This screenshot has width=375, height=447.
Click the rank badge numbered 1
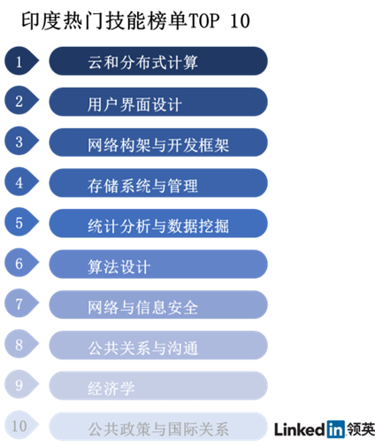[21, 61]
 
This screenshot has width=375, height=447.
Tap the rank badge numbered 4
[21, 181]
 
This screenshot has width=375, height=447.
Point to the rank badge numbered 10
[21, 425]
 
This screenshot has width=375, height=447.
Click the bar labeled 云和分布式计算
[158, 61]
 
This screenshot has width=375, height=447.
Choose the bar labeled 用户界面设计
[158, 102]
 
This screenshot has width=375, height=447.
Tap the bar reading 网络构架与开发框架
[158, 143]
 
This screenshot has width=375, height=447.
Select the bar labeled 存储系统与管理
[158, 183]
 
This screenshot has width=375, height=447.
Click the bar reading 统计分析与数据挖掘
[158, 223]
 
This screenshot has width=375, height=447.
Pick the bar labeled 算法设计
[158, 264]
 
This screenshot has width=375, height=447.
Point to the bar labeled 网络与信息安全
[158, 304]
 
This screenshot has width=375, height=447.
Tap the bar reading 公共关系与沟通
[158, 345]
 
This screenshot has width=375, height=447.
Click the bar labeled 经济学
[158, 386]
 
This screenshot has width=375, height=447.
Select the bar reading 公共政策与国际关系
[158, 427]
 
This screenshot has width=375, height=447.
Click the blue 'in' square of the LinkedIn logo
[336, 429]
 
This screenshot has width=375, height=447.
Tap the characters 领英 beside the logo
[361, 429]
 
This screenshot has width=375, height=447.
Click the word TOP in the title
[203, 21]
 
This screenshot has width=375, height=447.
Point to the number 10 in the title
[240, 21]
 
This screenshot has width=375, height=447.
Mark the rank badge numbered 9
[21, 384]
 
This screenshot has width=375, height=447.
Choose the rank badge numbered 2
[21, 101]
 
